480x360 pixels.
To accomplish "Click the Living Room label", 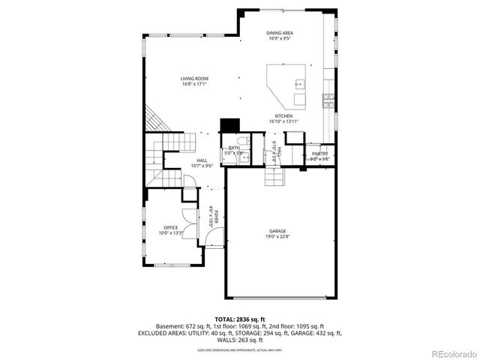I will (x=194, y=79).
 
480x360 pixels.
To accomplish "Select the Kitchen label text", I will (x=283, y=116).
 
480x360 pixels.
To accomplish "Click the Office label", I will (x=170, y=227).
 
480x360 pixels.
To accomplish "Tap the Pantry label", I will (x=320, y=154).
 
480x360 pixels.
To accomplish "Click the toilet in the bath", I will (x=241, y=142).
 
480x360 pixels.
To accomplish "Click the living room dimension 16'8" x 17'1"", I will (x=194, y=85).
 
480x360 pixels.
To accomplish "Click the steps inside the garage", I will (x=272, y=177).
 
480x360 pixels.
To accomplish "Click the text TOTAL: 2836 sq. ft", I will (x=239, y=319).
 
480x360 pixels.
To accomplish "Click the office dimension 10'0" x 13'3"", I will (x=170, y=233).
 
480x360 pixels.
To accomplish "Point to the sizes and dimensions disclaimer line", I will (x=239, y=349).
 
